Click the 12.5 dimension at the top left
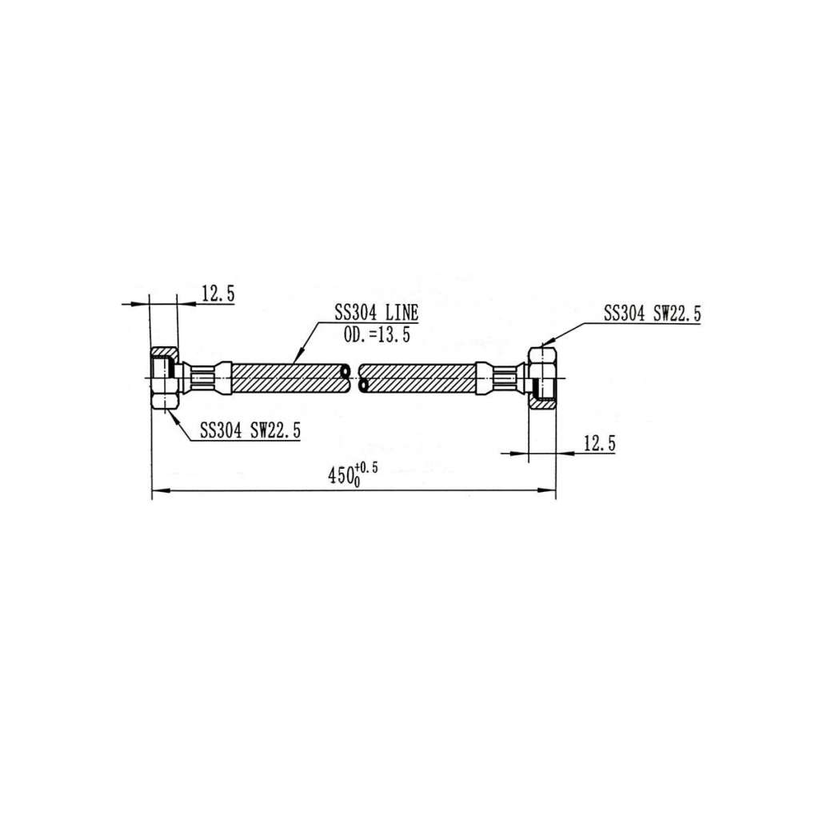tap(218, 294)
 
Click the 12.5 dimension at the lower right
tap(599, 443)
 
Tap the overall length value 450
tap(342, 476)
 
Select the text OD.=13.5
tap(377, 336)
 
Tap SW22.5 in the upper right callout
tap(677, 314)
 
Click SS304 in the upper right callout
tap(625, 314)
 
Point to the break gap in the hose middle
tap(355, 377)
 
